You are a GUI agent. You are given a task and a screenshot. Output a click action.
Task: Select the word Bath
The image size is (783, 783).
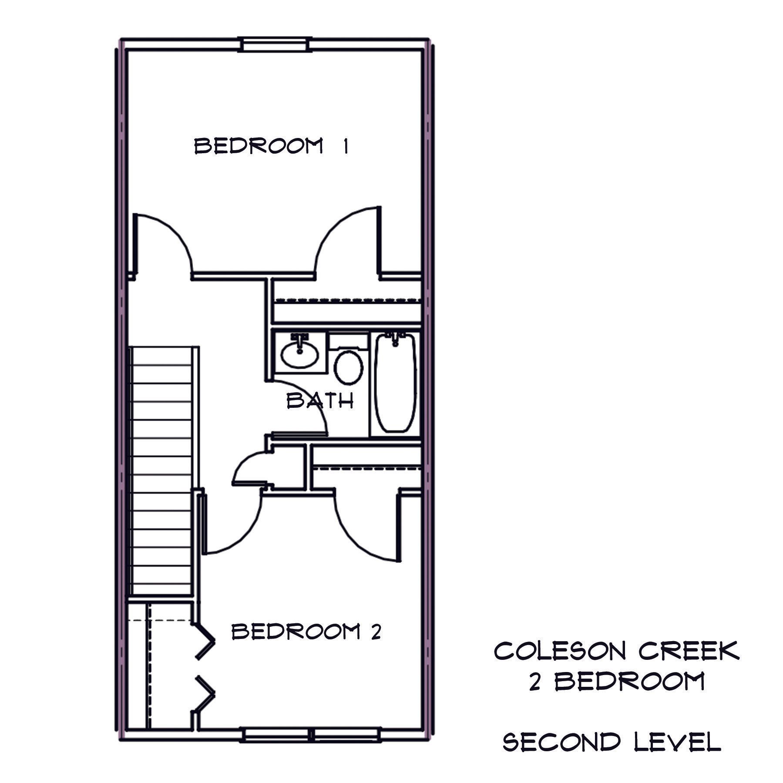[x=320, y=401]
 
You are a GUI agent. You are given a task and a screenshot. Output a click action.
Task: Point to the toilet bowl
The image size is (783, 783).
[x=349, y=368]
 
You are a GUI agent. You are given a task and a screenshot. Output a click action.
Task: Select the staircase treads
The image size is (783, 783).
[x=161, y=470]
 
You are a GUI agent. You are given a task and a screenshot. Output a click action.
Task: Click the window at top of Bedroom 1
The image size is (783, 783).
[x=275, y=45]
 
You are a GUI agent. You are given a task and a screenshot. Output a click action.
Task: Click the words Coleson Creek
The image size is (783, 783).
[x=616, y=652]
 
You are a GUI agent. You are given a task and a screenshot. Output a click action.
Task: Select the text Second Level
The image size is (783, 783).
[x=612, y=742]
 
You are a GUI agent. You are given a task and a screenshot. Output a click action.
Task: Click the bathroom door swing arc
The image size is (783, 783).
[x=305, y=403]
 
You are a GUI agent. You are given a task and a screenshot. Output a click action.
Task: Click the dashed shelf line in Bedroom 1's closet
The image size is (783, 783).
[x=346, y=300]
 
